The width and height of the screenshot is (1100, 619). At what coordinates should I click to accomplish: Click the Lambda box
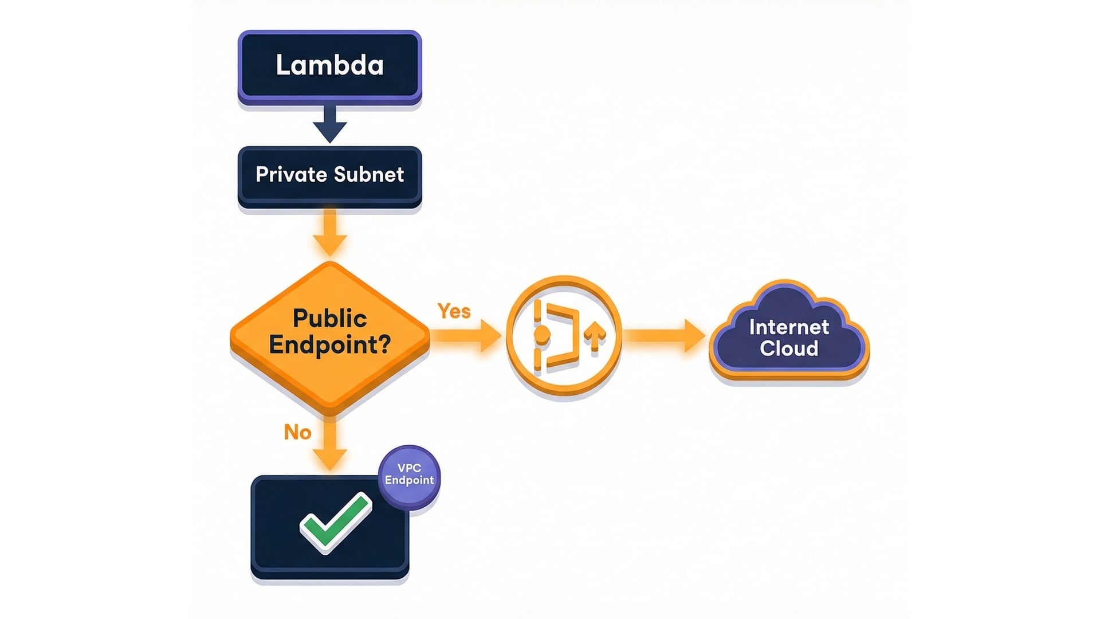(329, 65)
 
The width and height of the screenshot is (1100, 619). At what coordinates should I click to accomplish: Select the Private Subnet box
(329, 175)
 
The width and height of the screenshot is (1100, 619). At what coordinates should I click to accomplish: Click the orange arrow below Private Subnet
(329, 235)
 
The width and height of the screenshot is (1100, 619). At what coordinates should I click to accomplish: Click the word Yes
(454, 311)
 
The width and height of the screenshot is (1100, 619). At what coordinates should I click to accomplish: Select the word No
(297, 432)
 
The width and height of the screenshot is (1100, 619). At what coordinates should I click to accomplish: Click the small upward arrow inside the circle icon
(595, 335)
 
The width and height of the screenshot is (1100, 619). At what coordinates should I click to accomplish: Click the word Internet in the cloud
(789, 327)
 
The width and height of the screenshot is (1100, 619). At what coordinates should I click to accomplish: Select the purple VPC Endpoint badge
(409, 476)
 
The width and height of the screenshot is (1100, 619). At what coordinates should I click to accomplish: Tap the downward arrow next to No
(330, 447)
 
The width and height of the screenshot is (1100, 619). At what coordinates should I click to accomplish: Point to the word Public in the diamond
(329, 319)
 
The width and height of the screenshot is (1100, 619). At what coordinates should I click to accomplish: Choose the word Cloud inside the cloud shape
(789, 348)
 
